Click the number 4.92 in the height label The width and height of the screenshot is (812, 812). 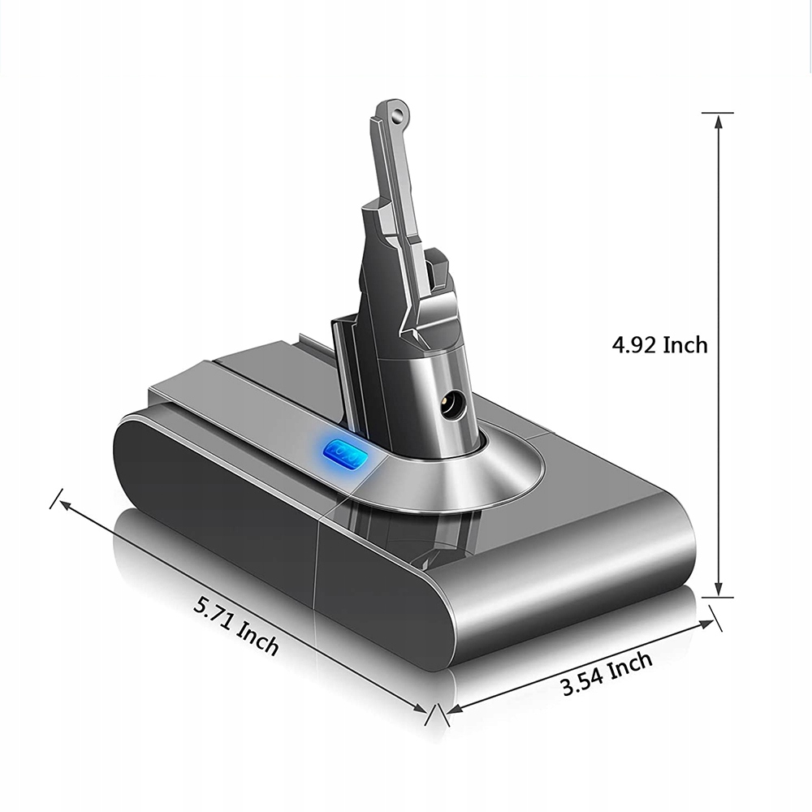click(635, 345)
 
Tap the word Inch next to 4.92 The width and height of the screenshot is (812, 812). click(685, 345)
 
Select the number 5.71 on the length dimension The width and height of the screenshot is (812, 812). click(214, 613)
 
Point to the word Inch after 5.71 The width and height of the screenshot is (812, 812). click(258, 641)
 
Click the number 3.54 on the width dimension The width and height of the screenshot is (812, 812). click(583, 681)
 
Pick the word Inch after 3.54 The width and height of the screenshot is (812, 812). click(631, 664)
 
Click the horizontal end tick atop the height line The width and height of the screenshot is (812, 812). click(718, 112)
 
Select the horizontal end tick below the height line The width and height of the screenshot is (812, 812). click(718, 598)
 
